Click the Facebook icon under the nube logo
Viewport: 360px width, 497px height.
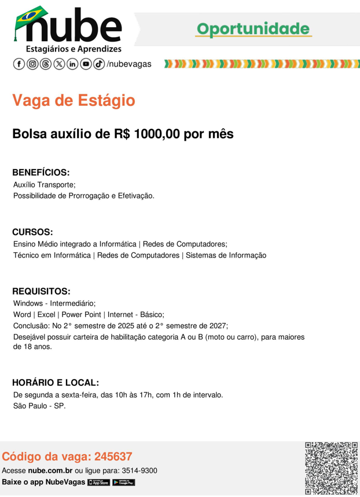pos(19,64)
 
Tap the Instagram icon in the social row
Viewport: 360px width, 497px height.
pos(33,64)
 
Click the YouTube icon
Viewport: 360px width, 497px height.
pos(86,64)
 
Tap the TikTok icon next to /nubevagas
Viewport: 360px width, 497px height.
pos(99,64)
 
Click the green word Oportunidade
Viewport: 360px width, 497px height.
pos(253,28)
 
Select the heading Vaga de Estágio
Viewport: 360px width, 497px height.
pos(74,101)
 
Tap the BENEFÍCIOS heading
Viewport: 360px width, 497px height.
pos(41,172)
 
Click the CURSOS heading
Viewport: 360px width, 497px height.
pos(32,232)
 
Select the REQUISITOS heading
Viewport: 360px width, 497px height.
pos(41,291)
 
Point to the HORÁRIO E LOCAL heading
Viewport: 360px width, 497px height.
pos(56,382)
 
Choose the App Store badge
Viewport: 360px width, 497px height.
pos(98,483)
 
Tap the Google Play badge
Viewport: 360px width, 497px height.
pos(123,483)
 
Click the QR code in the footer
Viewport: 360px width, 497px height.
pos(331,467)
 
